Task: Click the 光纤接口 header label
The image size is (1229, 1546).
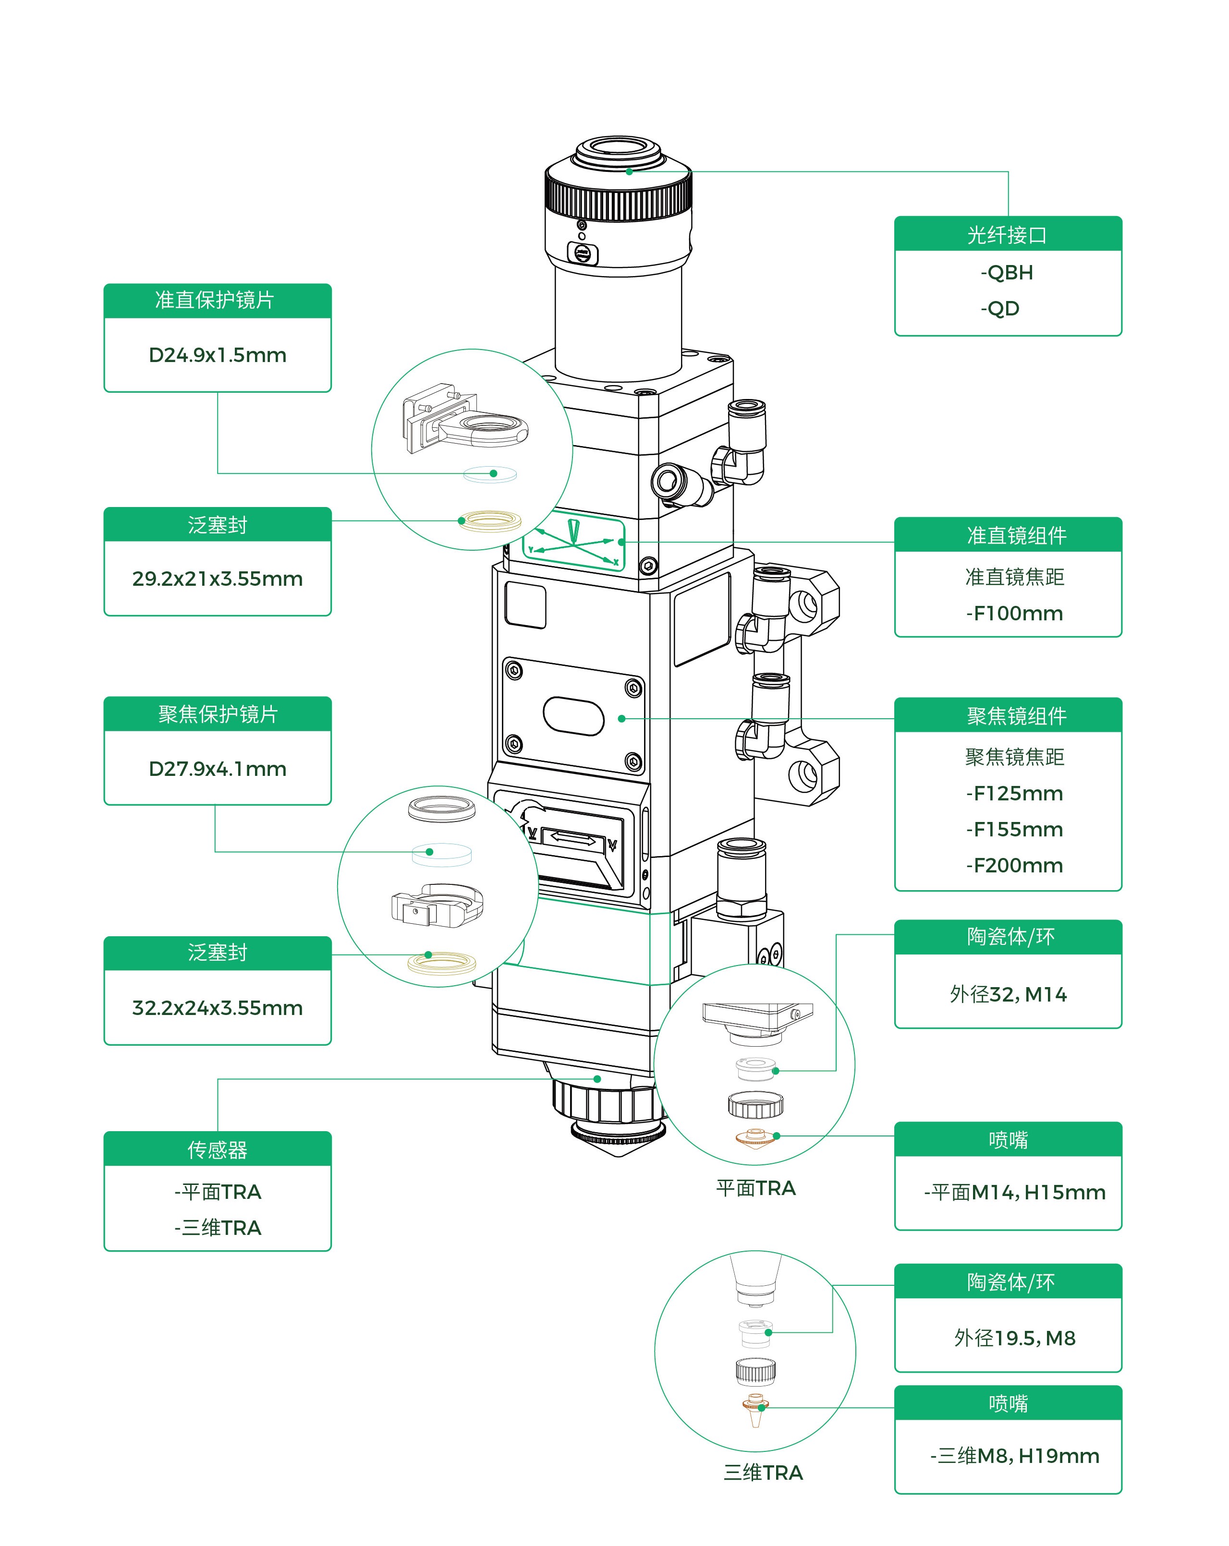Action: pyautogui.click(x=1007, y=235)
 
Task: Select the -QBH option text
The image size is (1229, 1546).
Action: pyautogui.click(x=1007, y=273)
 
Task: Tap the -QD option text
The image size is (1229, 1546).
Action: pyautogui.click(x=999, y=308)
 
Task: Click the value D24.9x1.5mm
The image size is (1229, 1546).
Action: pyautogui.click(x=218, y=355)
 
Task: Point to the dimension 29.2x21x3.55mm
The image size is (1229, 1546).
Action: pyautogui.click(x=218, y=579)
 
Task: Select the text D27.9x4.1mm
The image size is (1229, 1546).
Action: pyautogui.click(x=218, y=769)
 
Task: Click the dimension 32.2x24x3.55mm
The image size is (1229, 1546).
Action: pyautogui.click(x=218, y=1007)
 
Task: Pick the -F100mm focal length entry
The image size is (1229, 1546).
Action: pyautogui.click(x=1014, y=613)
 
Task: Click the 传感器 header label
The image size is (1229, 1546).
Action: pyautogui.click(x=218, y=1149)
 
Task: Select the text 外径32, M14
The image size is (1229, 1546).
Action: pyautogui.click(x=1008, y=994)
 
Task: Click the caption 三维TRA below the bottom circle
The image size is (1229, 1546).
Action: pyautogui.click(x=763, y=1472)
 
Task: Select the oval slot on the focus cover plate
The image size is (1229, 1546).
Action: pyautogui.click(x=573, y=716)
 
